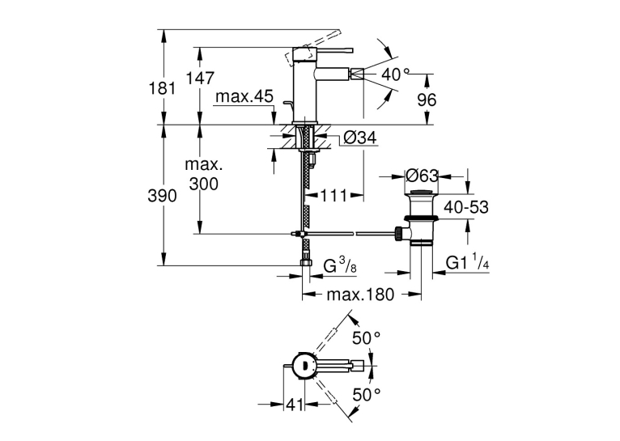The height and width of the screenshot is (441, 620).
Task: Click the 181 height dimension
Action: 162,87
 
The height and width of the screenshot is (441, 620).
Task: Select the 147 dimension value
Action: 200,78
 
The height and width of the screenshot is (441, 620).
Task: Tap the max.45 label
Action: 244,96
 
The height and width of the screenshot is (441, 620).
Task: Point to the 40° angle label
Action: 396,74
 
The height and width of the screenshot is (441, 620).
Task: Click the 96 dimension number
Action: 427,100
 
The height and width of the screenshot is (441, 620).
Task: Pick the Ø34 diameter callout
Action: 360,138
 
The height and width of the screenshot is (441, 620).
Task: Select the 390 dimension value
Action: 162,196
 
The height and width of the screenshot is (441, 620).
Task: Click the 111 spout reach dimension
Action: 333,196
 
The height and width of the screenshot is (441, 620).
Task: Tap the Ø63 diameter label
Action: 423,176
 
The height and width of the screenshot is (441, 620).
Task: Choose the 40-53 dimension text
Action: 466,207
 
